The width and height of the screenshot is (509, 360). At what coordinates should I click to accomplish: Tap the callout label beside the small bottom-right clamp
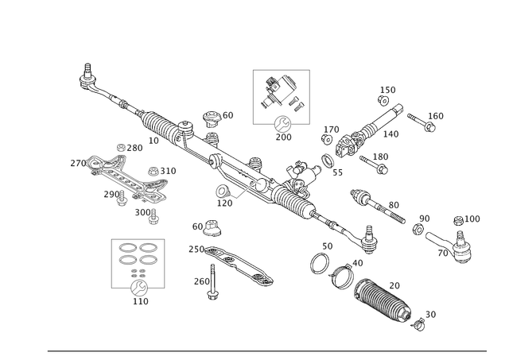coord(430,314)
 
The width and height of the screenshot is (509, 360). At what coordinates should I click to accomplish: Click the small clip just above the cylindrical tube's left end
coord(212,230)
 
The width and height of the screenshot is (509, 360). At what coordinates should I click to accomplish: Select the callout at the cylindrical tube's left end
coord(193,248)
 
